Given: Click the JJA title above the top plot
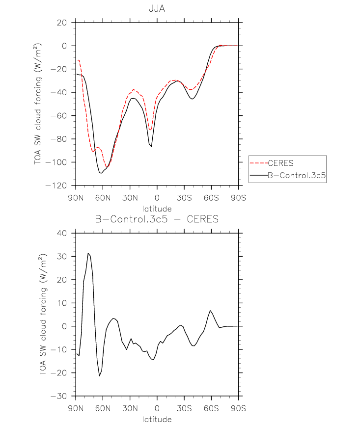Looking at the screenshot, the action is point(157,9).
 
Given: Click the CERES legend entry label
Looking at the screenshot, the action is point(280,163).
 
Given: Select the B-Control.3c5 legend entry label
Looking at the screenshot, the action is point(297,176).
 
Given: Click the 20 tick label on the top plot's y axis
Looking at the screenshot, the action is point(61,23).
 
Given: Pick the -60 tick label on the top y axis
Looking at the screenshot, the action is point(58,116).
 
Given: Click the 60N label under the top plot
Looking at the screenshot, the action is point(103,198).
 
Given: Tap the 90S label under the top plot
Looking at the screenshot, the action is point(239,198).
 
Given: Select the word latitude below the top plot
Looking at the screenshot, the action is point(157,209).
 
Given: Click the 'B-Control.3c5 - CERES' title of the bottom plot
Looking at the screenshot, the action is point(157,219).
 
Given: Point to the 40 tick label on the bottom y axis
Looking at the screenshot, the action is point(61,233).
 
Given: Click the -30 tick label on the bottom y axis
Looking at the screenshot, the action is point(58,396).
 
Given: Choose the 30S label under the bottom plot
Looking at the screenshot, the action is point(184,408).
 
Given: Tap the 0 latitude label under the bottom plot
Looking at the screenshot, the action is point(157,408).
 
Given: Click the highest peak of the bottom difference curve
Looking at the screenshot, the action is point(88,253).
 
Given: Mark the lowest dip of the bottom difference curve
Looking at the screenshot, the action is point(99,375).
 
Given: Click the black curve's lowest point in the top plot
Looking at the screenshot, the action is point(101,173).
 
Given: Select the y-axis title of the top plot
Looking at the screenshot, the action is point(38,104).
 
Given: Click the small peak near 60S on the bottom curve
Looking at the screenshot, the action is point(210,311).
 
